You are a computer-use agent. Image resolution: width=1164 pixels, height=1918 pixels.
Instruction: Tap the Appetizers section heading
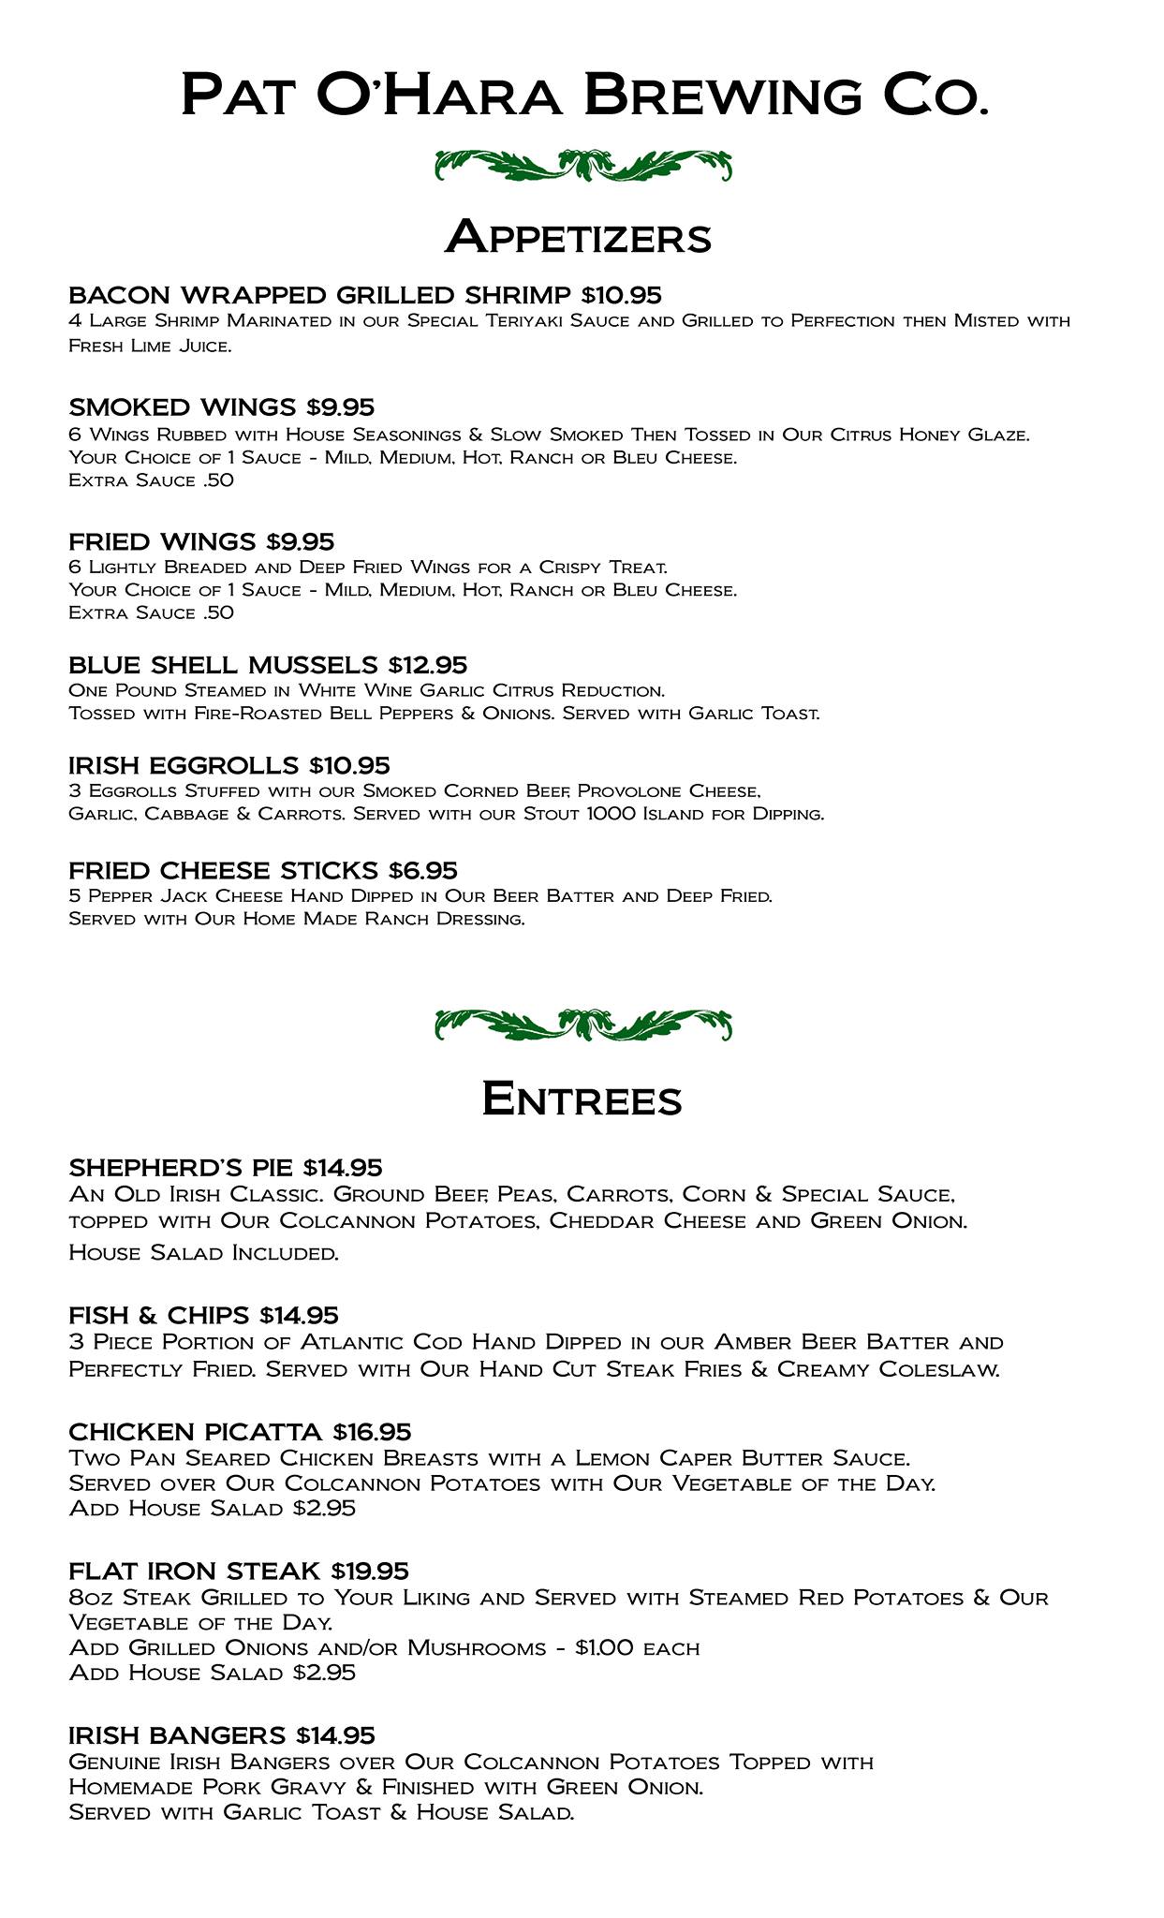pos(579,237)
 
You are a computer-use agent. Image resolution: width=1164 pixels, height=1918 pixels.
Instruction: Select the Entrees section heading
pos(582,1099)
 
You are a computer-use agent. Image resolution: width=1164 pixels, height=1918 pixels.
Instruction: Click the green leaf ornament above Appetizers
pos(582,166)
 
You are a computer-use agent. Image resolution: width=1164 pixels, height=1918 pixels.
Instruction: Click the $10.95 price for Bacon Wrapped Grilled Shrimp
pos(621,296)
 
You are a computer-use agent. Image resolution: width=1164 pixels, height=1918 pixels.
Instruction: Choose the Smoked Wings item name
pos(182,407)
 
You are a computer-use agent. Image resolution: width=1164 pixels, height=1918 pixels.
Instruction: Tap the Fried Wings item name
pos(162,542)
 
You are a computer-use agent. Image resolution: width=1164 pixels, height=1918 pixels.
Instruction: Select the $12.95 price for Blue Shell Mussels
pos(427,666)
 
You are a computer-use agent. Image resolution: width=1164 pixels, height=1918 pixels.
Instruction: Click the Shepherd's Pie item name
pos(182,1168)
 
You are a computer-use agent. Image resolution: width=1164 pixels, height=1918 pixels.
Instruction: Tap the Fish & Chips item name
pos(159,1316)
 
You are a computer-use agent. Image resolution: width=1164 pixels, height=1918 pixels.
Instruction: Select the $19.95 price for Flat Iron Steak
pos(370,1571)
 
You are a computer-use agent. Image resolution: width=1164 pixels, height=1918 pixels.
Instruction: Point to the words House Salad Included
pos(203,1253)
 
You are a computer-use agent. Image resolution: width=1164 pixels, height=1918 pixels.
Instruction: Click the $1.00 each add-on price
pos(637,1647)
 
